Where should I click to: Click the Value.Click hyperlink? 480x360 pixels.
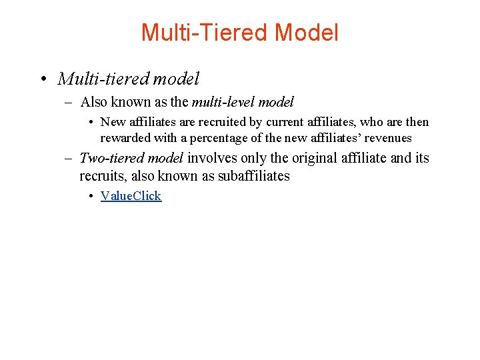[x=131, y=195]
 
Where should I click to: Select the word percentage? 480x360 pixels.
[x=235, y=138]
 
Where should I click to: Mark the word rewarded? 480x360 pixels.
[x=125, y=138]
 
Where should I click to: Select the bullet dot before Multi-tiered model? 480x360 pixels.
[x=42, y=79]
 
